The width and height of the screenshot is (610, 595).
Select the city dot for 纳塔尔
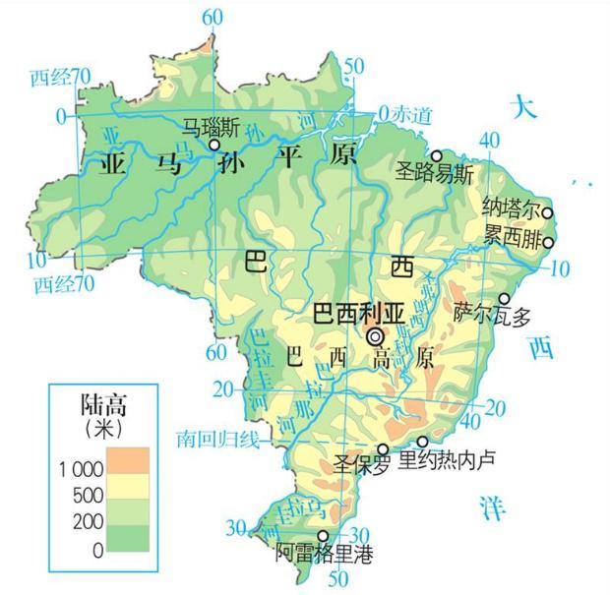point(548,211)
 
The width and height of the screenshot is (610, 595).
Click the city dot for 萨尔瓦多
point(505,299)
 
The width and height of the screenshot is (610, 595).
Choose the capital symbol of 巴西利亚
point(376,337)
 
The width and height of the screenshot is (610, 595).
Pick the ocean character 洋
point(491,508)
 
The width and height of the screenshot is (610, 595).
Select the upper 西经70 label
point(60,76)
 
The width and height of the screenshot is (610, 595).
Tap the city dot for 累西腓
point(548,243)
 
